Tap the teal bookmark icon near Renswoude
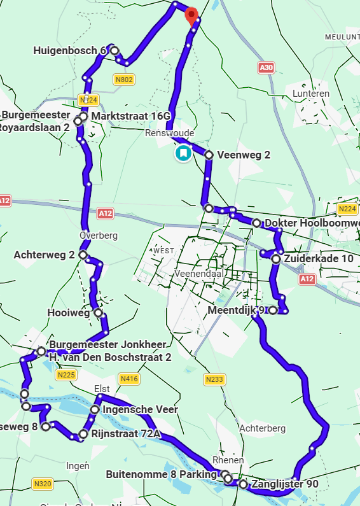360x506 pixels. click(183, 153)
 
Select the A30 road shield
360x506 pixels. click(267, 67)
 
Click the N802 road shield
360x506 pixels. click(123, 80)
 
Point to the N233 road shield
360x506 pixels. click(214, 380)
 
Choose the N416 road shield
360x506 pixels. click(129, 379)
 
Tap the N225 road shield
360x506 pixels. click(66, 376)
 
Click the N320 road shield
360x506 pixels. click(43, 484)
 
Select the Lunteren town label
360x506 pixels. click(310, 94)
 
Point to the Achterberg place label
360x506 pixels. click(262, 428)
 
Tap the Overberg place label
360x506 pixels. click(99, 235)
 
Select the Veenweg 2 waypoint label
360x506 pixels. click(244, 155)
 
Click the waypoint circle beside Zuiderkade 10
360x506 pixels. click(275, 259)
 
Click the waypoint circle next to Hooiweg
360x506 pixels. click(97, 313)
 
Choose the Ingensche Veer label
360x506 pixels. click(140, 409)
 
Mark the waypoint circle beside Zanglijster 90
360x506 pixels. click(243, 484)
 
